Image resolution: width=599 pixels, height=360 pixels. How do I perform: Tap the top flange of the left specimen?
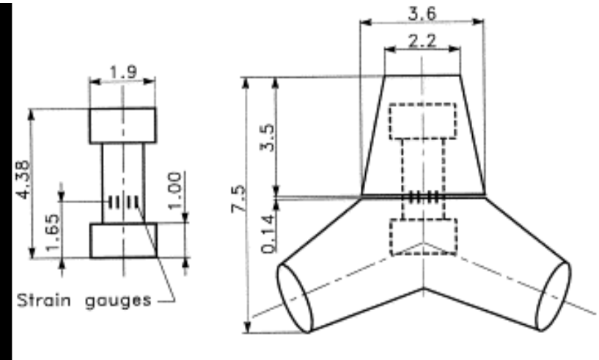coord(122,125)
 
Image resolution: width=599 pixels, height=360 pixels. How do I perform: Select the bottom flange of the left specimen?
coord(122,240)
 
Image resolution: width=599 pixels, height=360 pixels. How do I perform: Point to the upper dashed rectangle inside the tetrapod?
coord(422,121)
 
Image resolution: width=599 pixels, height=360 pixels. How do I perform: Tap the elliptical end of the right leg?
coord(554,295)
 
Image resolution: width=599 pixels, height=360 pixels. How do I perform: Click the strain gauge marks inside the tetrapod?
coord(424,197)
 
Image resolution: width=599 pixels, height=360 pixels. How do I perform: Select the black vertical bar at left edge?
coord(6,180)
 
